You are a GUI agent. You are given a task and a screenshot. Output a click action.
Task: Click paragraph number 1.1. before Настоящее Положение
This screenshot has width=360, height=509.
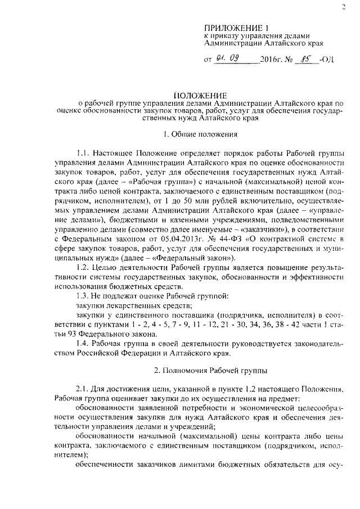click(x=84, y=153)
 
